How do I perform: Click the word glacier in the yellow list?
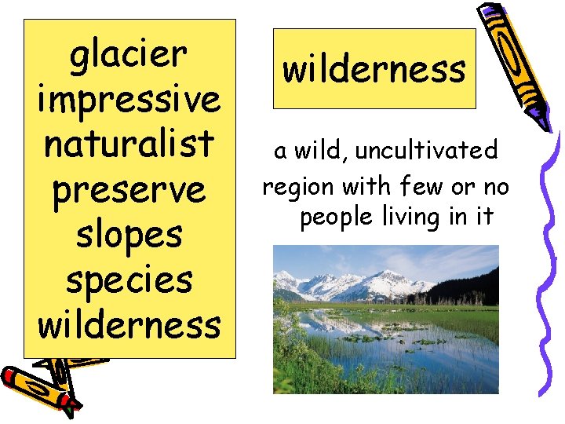pos(129,56)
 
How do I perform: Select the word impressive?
pos(129,100)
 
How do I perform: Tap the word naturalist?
pos(129,144)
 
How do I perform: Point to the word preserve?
pos(129,189)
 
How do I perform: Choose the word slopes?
pos(129,234)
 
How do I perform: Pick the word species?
pos(129,279)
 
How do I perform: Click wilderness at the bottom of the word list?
pos(129,323)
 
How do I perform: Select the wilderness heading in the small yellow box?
pos(374,69)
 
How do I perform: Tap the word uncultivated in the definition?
pos(426,150)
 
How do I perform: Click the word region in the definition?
pos(295,188)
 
